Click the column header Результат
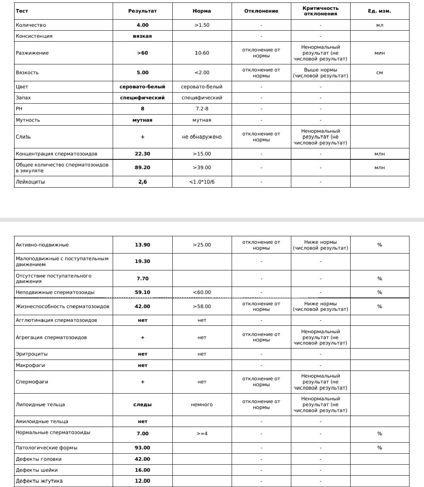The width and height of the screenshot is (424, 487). click(142, 11)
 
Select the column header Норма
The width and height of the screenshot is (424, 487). click(202, 11)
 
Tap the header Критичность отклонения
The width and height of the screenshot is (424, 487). click(320, 11)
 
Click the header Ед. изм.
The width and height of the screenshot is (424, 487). click(379, 11)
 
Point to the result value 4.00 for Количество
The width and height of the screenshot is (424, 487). click(142, 25)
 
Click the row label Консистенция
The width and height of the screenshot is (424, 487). click(34, 36)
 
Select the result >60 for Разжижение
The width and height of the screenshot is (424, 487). click(142, 53)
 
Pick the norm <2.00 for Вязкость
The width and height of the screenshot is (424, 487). click(202, 73)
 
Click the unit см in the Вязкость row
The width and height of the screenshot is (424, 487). click(379, 73)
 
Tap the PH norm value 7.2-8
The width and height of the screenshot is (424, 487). click(202, 109)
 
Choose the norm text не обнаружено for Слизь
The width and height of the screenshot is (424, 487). click(202, 137)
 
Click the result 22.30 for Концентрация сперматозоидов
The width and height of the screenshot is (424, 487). click(142, 154)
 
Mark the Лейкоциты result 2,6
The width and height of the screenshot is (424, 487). click(142, 182)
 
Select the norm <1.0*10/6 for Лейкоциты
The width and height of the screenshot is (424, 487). click(202, 182)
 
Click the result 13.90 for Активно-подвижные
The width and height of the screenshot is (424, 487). click(142, 245)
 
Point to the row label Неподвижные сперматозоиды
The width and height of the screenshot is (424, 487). click(55, 292)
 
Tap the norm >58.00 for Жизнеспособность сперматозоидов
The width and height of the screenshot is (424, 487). click(202, 306)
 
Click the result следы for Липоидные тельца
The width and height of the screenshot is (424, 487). click(142, 405)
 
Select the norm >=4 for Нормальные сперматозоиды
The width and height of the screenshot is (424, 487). click(202, 434)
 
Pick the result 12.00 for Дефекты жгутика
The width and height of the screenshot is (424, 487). click(142, 481)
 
